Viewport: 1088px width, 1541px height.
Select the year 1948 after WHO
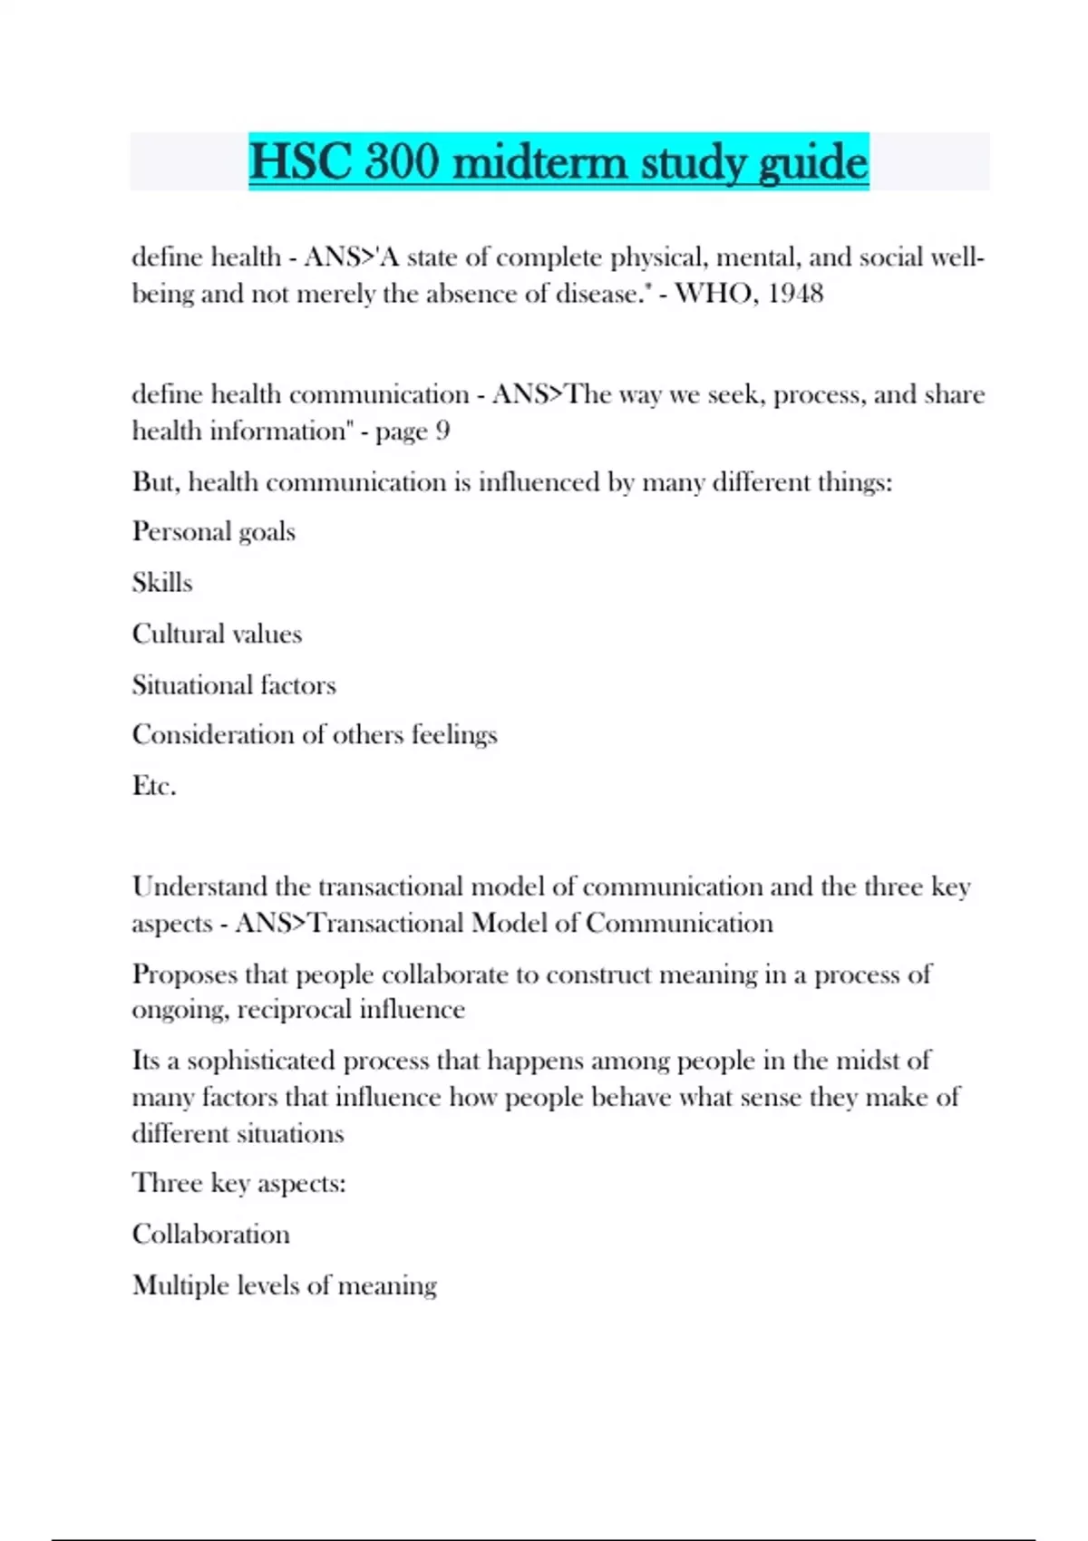point(796,294)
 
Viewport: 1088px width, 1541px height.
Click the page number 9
point(442,431)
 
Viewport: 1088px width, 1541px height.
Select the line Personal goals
point(214,531)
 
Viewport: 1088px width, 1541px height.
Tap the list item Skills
point(162,582)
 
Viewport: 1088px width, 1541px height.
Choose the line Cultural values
point(217,634)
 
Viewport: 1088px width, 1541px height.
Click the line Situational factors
point(234,684)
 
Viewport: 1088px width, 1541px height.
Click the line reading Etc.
point(154,785)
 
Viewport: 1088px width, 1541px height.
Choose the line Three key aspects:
point(239,1183)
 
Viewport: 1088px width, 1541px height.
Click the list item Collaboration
point(211,1234)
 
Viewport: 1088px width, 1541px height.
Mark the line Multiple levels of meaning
point(285,1285)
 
